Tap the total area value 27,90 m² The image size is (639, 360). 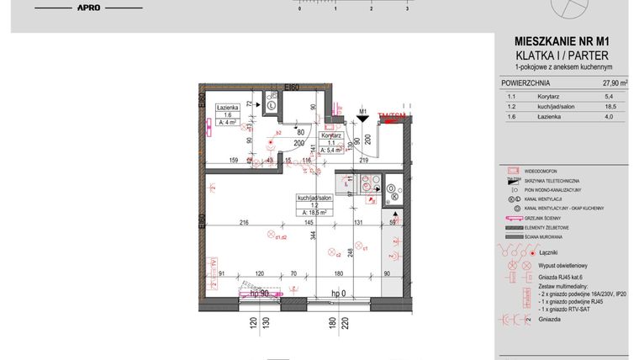615,83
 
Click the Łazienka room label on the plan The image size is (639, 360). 228,109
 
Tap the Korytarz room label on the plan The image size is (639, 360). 330,135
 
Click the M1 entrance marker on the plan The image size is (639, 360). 363,110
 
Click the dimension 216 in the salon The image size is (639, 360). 244,222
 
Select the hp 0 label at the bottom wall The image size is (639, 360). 338,292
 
